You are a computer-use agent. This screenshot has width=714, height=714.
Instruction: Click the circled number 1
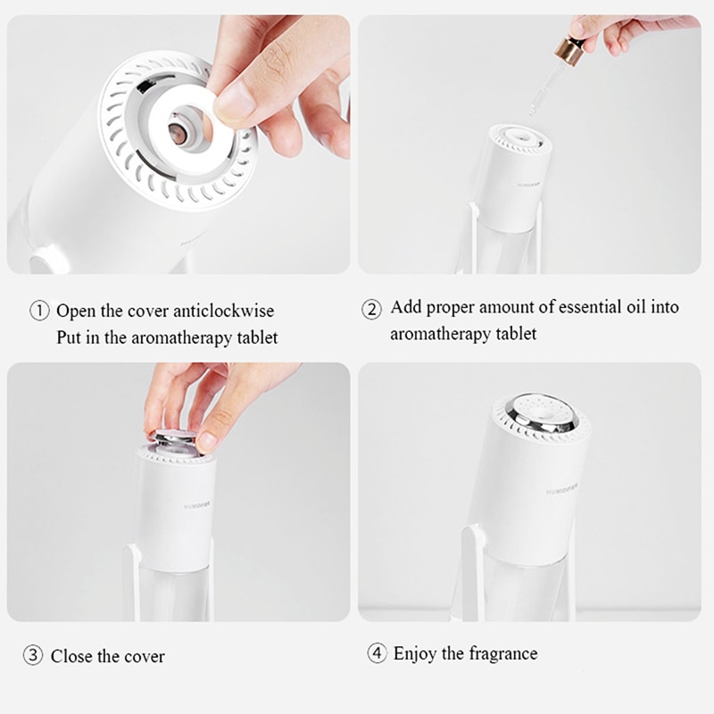tap(40, 311)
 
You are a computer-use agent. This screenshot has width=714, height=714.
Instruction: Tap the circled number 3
tap(33, 655)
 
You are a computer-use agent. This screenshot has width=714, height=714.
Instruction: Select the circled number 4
tap(377, 653)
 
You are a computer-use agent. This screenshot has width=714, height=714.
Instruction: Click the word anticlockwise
tap(224, 311)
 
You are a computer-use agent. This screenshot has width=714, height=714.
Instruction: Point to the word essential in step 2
tap(592, 308)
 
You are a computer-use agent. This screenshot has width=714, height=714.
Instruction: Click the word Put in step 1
tap(69, 337)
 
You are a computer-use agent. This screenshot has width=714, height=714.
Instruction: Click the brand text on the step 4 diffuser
tap(567, 490)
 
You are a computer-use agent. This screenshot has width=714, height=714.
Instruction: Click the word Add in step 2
tap(406, 308)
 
